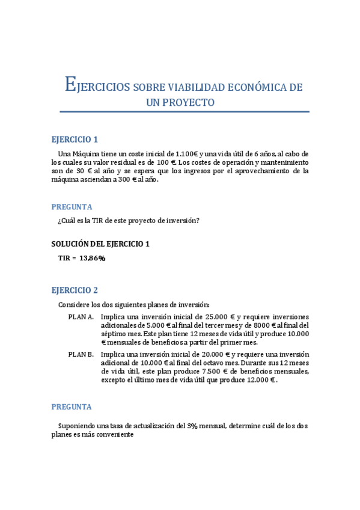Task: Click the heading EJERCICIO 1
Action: pos(74,139)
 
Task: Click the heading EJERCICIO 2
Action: pos(75,290)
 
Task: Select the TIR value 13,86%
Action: pos(92,258)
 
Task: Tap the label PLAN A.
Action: pos(81,317)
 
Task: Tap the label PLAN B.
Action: pos(81,355)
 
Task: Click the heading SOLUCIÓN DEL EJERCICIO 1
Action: pos(100,244)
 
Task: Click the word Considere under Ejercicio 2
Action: pos(73,304)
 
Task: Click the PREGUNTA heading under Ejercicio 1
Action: pos(72,206)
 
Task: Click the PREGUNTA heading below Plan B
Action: pos(72,407)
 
